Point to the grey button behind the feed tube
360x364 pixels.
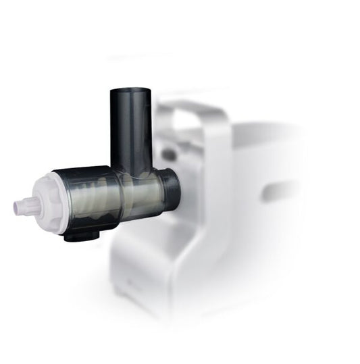coord(168,154)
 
